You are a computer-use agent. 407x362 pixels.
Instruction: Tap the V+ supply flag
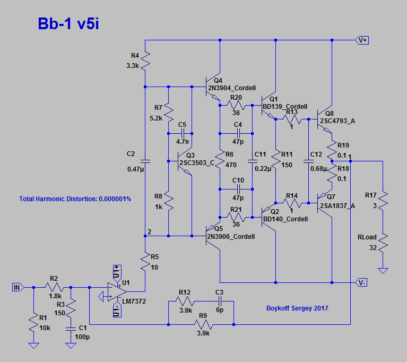coord(362,40)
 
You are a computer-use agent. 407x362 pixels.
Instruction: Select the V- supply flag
coord(362,282)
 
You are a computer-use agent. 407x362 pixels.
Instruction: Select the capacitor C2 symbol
coord(145,161)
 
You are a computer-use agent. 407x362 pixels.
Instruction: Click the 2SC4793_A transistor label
coord(337,121)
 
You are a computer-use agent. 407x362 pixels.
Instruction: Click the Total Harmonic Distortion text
coord(75,199)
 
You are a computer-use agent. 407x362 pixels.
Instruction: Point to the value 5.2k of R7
coord(155,118)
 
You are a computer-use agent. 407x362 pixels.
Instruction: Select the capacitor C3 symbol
coord(219,301)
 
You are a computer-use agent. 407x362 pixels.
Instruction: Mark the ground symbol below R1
coord(33,345)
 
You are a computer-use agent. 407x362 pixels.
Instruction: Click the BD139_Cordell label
coord(284,106)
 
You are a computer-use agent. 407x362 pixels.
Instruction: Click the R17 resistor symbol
coord(383,200)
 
